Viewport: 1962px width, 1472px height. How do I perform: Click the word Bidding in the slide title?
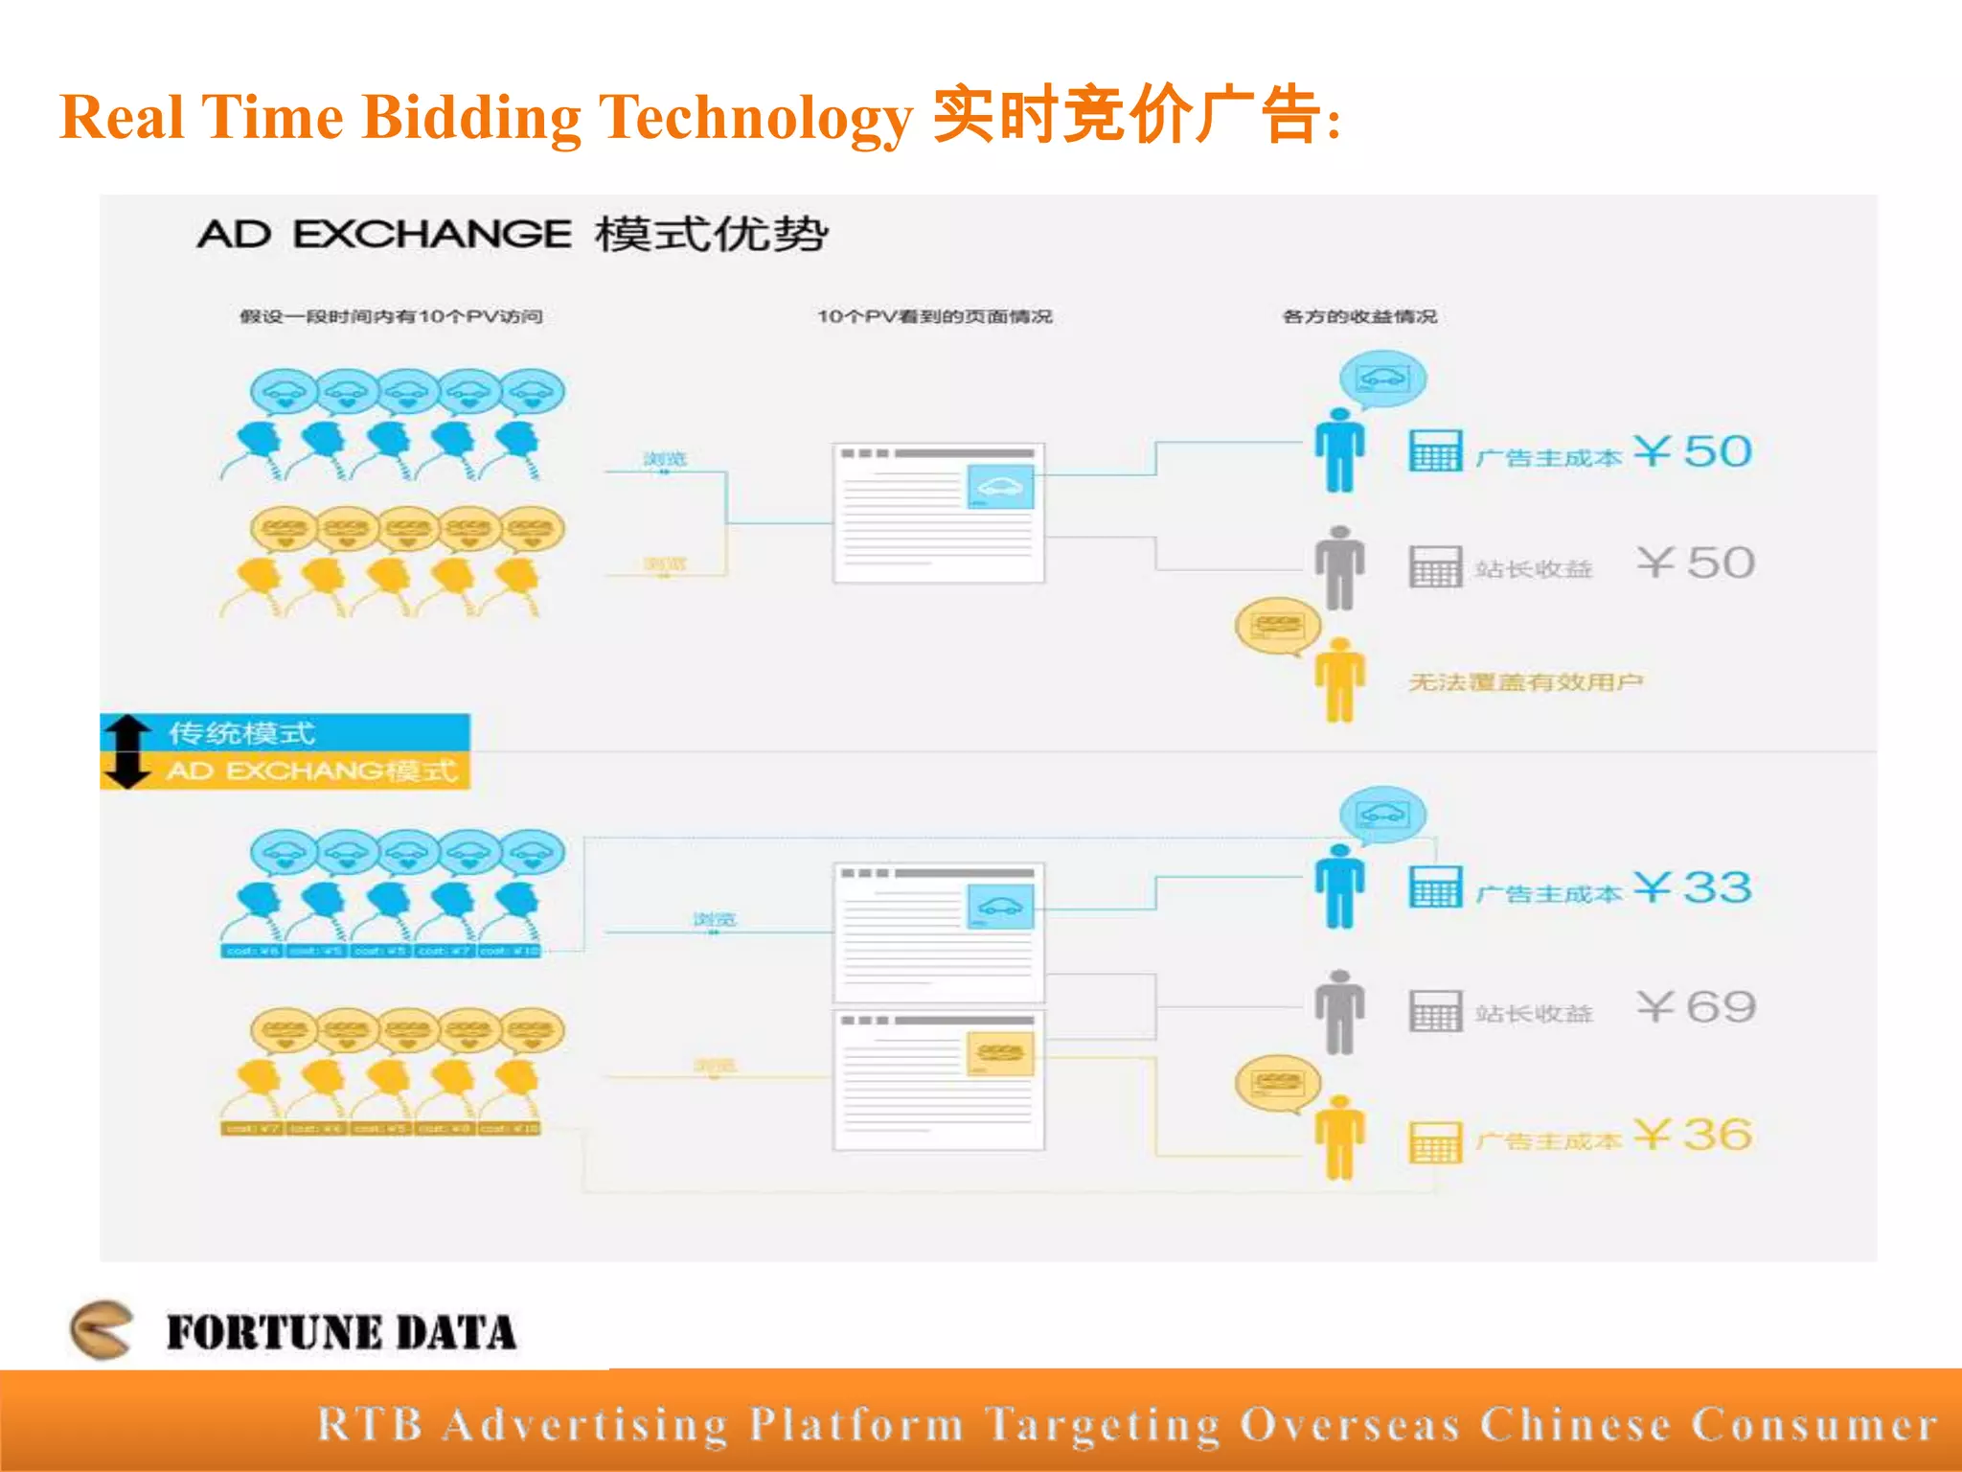(471, 119)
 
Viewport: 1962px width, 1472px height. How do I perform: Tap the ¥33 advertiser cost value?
(1693, 887)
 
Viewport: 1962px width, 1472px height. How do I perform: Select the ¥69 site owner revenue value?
(1696, 1007)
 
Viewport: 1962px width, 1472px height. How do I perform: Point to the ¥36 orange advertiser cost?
(1693, 1136)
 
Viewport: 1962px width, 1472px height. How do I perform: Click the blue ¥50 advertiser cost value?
(1693, 451)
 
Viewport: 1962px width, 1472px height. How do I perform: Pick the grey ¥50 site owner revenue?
(1696, 563)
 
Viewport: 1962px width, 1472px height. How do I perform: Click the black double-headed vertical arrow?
(127, 751)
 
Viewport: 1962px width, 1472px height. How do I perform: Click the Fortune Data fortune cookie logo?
(102, 1329)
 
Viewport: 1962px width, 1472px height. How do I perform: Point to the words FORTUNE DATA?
(341, 1333)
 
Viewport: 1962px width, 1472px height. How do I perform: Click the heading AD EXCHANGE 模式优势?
(513, 235)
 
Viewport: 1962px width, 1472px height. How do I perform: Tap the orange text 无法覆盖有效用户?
(1525, 682)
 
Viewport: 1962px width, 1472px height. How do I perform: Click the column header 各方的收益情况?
(1359, 317)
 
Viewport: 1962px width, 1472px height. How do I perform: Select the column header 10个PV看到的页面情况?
(934, 317)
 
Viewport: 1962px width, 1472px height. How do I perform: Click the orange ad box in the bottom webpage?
(1000, 1053)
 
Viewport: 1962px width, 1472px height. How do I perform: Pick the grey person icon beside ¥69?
(1339, 1012)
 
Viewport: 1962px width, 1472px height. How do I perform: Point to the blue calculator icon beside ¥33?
(1435, 887)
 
